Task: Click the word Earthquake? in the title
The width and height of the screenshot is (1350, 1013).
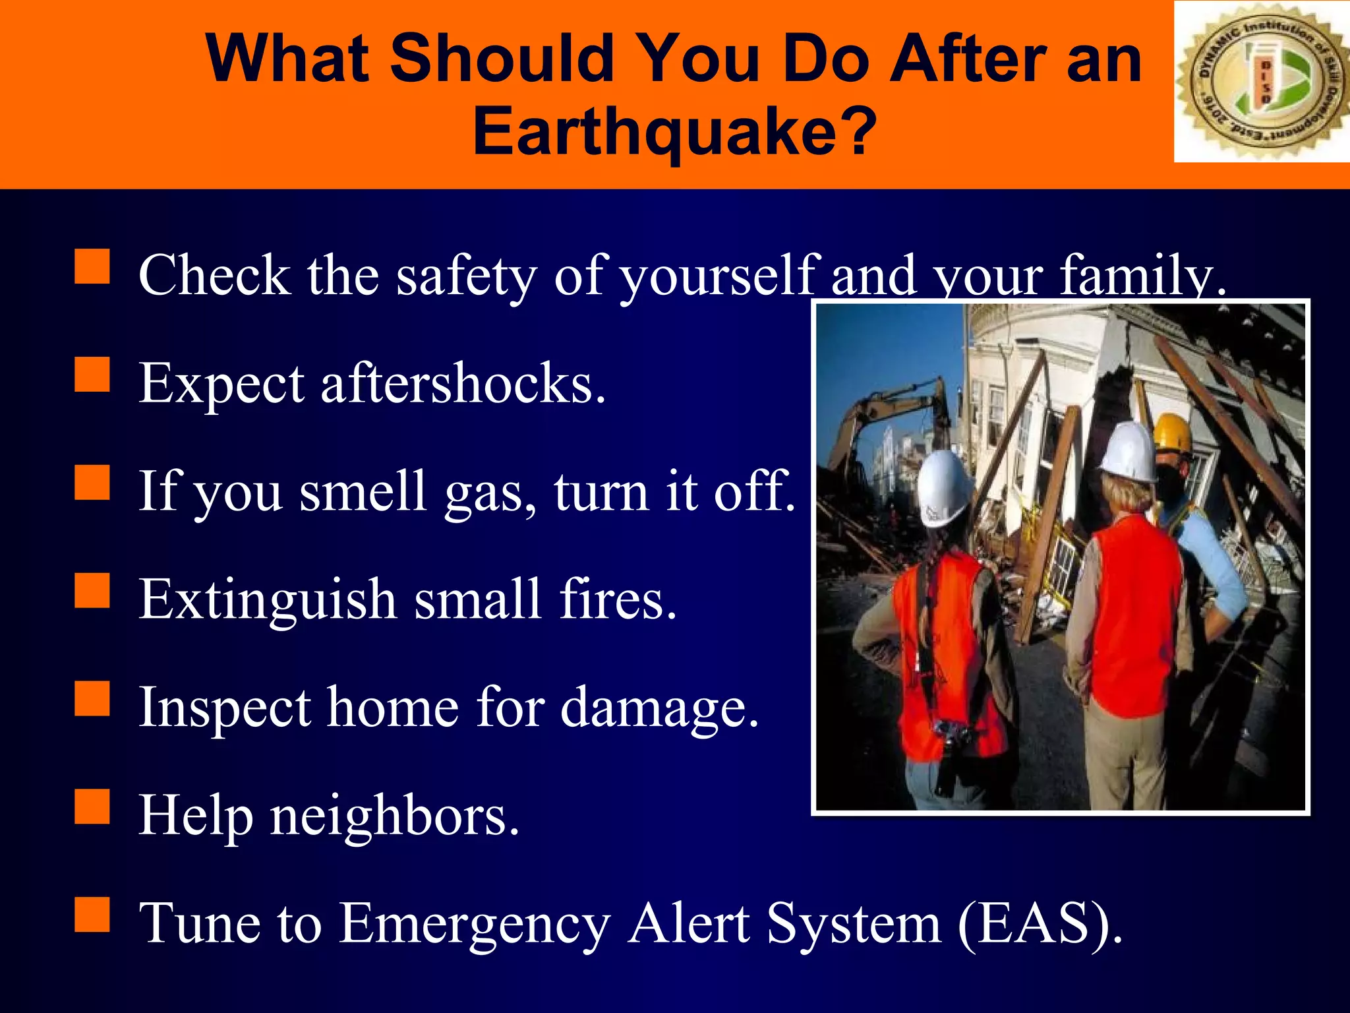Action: pos(674,132)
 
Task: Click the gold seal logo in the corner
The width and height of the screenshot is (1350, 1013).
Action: pos(1260,82)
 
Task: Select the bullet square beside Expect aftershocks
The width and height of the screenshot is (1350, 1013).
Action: pos(92,375)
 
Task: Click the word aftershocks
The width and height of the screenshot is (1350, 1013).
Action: pos(463,384)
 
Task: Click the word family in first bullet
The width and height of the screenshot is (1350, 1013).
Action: pos(1142,276)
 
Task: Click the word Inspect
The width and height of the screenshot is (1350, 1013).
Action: pos(224,708)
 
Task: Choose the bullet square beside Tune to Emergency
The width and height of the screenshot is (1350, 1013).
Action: pos(92,915)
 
